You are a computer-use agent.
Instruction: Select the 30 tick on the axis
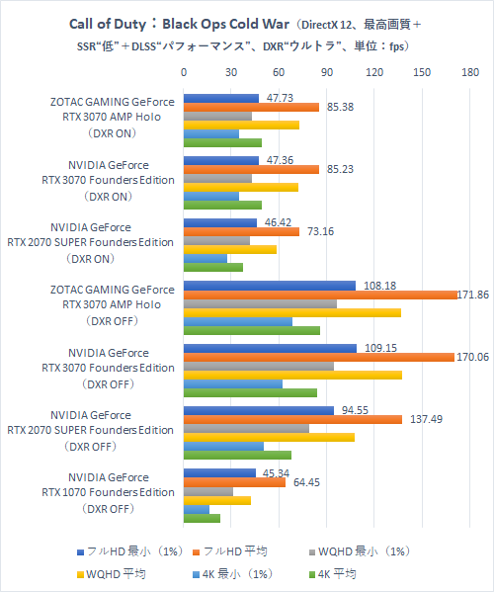click(231, 72)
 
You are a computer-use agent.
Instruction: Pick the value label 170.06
click(469, 358)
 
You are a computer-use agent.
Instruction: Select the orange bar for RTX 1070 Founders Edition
click(234, 482)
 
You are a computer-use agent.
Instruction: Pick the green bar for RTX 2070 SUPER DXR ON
click(213, 267)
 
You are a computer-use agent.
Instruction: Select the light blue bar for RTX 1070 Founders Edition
click(197, 509)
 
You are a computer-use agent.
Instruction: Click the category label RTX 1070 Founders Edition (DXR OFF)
click(109, 492)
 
